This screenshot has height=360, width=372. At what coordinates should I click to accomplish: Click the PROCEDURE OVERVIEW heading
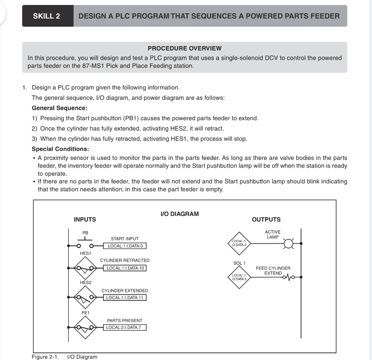pos(185,48)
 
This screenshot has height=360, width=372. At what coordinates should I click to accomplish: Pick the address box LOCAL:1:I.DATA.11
pos(125,297)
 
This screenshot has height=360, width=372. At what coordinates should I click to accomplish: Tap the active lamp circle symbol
pos(288,244)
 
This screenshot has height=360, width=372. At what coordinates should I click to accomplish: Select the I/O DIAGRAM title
pos(180,214)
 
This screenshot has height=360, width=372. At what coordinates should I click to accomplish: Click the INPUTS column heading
pos(85,220)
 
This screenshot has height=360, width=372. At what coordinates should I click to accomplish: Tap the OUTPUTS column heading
pos(266,220)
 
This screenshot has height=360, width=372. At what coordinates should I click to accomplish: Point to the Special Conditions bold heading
pos(60,149)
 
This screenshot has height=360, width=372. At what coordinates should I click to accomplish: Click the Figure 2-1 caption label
pos(45,357)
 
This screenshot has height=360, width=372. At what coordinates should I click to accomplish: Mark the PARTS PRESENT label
pos(125,321)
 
